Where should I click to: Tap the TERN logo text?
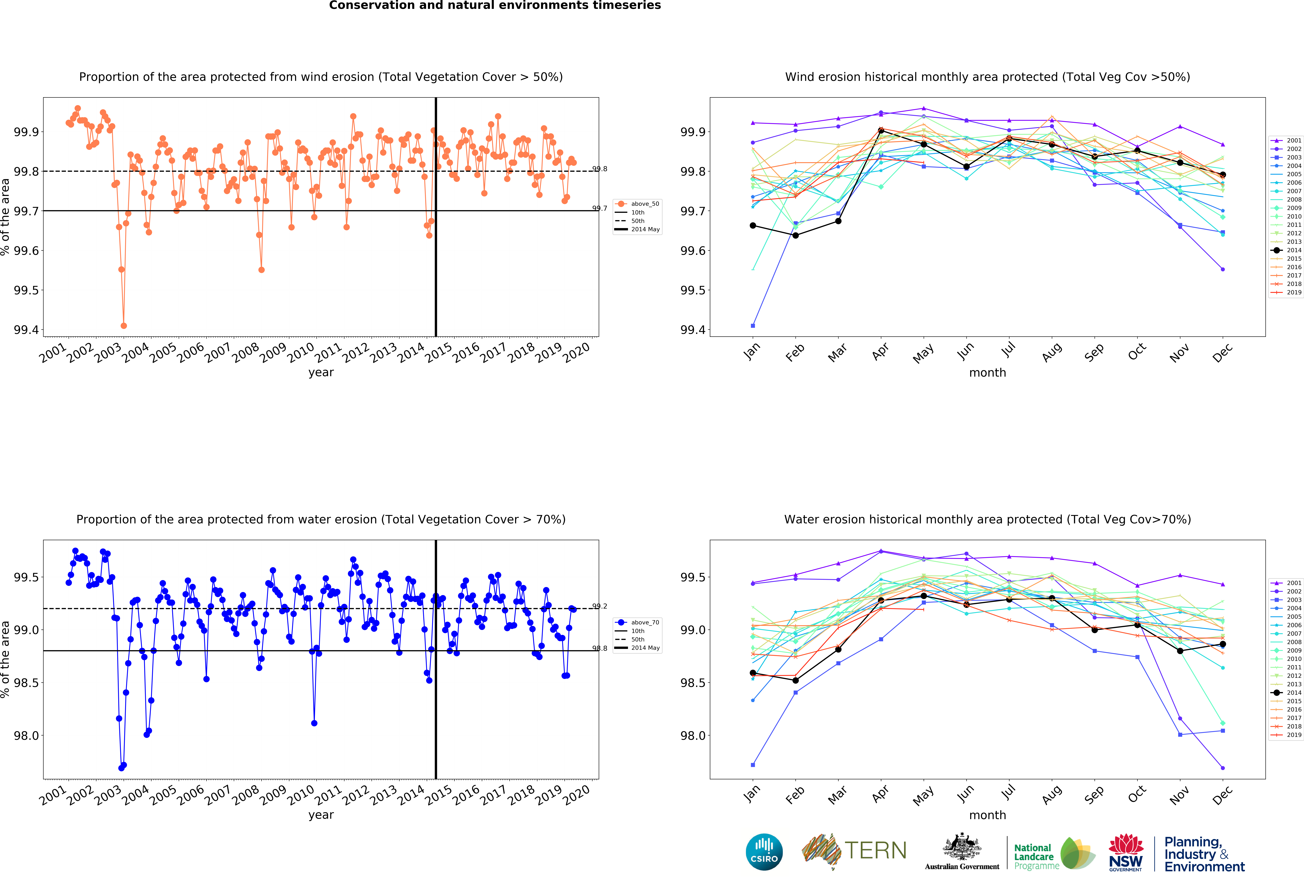click(875, 851)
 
